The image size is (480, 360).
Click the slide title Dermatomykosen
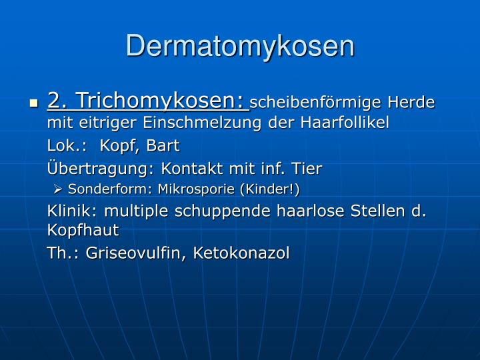[x=240, y=46]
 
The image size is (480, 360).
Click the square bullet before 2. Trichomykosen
[x=34, y=103]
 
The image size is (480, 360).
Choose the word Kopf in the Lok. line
[x=121, y=146]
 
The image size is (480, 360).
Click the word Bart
[x=163, y=146]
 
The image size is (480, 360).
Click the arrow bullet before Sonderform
[x=58, y=190]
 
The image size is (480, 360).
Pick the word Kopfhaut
[x=83, y=231]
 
